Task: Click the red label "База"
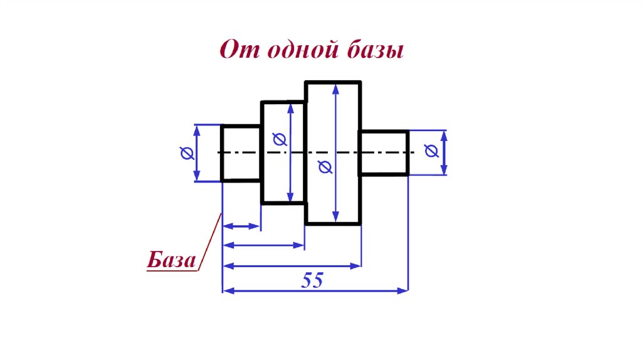[x=171, y=260]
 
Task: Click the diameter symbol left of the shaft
[x=186, y=152]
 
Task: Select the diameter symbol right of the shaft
[x=431, y=151]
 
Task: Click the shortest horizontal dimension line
[x=241, y=226]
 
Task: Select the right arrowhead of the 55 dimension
[x=403, y=290]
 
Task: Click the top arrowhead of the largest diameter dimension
[x=337, y=88]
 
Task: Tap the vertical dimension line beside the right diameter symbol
[x=445, y=152]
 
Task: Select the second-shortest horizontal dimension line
[x=263, y=245]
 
